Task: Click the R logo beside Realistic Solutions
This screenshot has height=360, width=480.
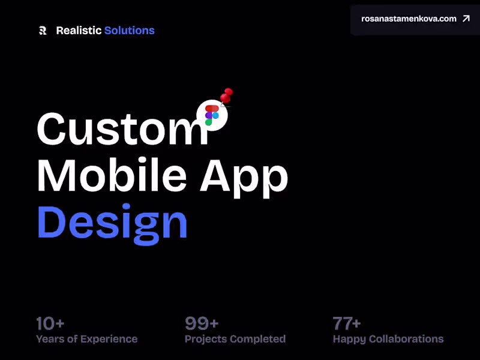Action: [43, 31]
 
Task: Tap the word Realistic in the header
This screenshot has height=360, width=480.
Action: [79, 31]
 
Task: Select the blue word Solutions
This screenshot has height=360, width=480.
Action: [129, 31]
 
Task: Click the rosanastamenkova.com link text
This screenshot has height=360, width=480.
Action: [409, 19]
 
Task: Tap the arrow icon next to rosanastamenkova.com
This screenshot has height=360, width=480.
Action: [466, 19]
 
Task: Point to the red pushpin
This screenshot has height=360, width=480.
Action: [227, 95]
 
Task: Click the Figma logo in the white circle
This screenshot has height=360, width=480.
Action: [212, 115]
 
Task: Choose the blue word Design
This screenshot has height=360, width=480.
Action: [112, 222]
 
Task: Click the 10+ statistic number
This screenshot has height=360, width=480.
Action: [50, 324]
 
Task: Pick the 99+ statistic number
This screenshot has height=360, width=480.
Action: [202, 324]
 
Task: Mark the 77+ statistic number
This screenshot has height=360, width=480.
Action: [347, 324]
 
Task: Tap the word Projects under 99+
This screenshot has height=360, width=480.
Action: [208, 339]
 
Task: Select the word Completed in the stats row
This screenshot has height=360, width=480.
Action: [260, 339]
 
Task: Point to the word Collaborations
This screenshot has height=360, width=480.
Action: [406, 339]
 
